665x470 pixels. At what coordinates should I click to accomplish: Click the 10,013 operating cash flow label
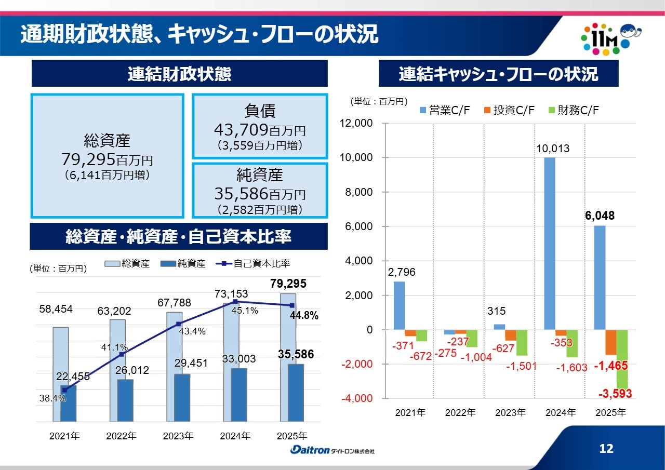tap(553, 149)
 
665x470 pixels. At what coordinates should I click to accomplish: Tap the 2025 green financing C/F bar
tap(622, 358)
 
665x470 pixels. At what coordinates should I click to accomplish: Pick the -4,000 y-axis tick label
tap(357, 398)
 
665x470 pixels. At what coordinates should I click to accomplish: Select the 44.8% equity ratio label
tap(303, 315)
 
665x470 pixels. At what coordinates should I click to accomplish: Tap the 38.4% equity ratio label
tap(52, 399)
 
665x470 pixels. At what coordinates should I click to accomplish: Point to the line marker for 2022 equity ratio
tap(122, 354)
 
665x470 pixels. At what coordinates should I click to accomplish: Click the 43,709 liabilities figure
tap(241, 129)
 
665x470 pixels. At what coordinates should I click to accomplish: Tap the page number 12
tap(606, 449)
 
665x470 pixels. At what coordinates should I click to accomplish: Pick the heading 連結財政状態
tap(180, 74)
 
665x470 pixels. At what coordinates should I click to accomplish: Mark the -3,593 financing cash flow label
tap(615, 394)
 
